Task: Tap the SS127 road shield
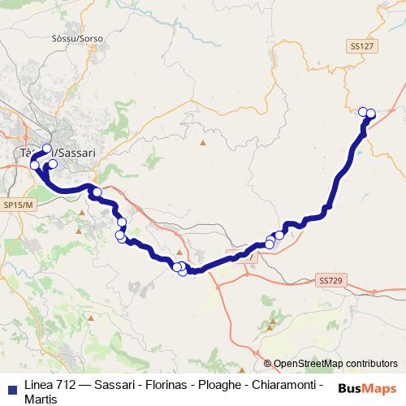click(x=362, y=47)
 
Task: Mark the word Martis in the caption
click(x=41, y=399)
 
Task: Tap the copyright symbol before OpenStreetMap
click(x=267, y=364)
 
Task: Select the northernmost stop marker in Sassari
click(x=46, y=148)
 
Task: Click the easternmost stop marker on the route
click(x=371, y=113)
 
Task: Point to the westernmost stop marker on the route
click(x=35, y=166)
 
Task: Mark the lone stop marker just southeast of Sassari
click(x=97, y=192)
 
